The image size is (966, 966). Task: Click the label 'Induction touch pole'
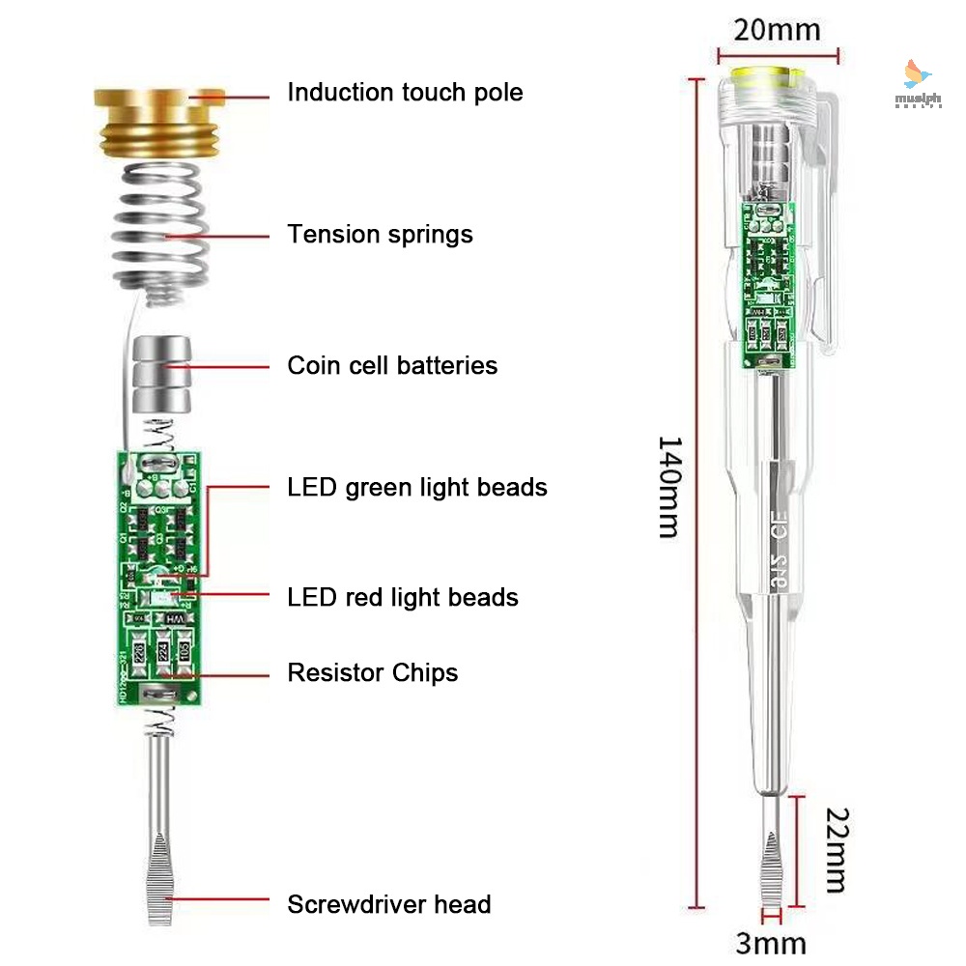tap(405, 93)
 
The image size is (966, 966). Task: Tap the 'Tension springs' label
tap(380, 235)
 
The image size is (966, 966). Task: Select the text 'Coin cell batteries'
tap(392, 366)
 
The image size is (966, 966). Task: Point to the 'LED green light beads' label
tap(417, 488)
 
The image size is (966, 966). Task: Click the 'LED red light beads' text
tap(403, 598)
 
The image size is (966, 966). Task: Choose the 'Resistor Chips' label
tap(373, 672)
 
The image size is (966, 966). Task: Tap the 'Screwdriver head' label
tap(389, 905)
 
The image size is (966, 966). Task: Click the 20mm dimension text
tap(777, 30)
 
